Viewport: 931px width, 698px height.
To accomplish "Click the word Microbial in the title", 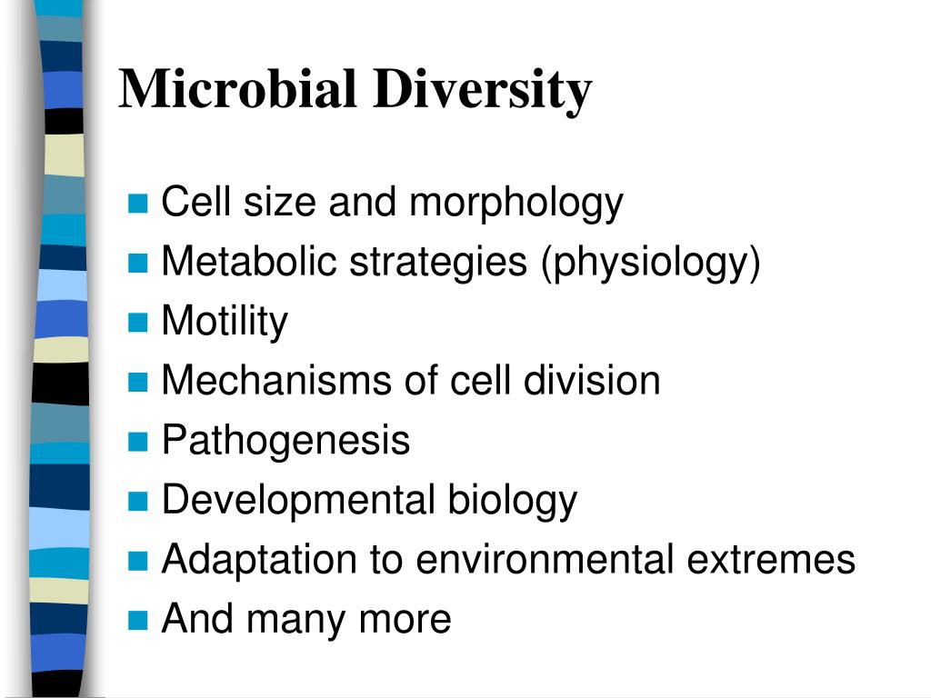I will (238, 89).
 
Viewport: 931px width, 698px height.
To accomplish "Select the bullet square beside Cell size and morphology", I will (137, 204).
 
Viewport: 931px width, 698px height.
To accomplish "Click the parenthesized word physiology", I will (650, 264).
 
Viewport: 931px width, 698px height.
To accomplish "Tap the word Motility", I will (225, 322).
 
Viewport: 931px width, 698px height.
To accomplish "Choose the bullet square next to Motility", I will (137, 323).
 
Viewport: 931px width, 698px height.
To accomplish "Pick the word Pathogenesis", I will (285, 441).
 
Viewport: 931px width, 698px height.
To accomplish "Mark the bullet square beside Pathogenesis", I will (137, 442).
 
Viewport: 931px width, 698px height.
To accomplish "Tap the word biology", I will (512, 501).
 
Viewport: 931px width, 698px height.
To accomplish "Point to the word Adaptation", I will (259, 560).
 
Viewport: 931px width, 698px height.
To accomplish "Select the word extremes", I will (771, 560).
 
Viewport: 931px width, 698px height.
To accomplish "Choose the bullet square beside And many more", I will (137, 620).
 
